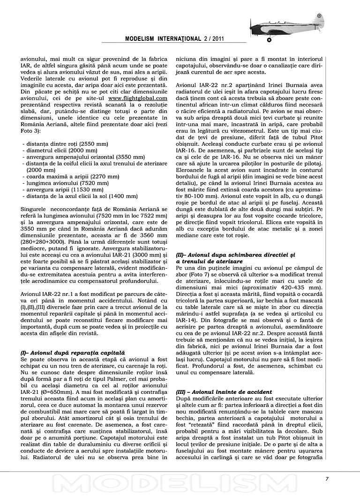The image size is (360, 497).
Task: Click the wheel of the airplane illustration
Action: coord(270,40)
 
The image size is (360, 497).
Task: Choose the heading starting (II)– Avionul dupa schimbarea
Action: coord(235,254)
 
